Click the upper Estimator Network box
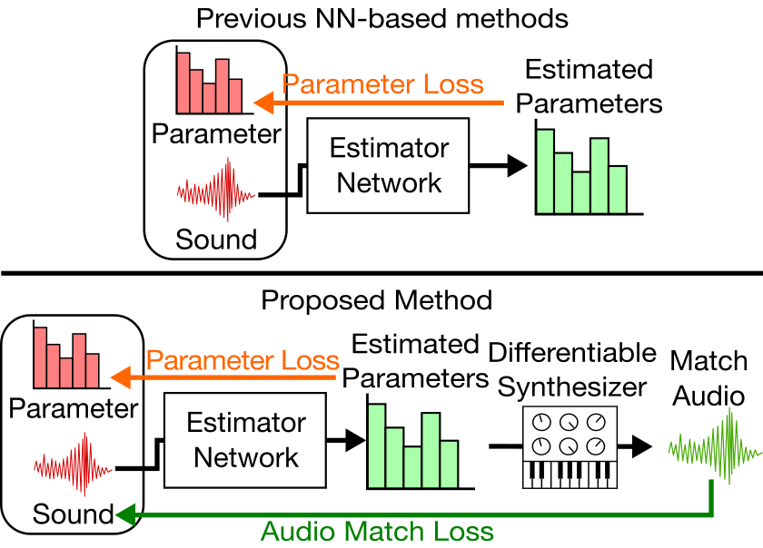click(388, 166)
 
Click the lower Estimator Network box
click(245, 440)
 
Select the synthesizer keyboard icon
click(570, 447)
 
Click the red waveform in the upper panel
click(216, 191)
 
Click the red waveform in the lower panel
click(74, 466)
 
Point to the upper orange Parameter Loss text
click(382, 85)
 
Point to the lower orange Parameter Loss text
click(242, 360)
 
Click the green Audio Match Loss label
click(377, 532)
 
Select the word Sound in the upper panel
click(216, 240)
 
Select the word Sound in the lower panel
click(74, 514)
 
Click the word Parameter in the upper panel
click(216, 134)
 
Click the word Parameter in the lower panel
click(74, 408)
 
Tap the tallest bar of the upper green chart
click(545, 171)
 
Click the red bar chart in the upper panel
click(211, 83)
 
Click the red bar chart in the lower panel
click(67, 357)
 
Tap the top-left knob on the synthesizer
click(542, 423)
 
